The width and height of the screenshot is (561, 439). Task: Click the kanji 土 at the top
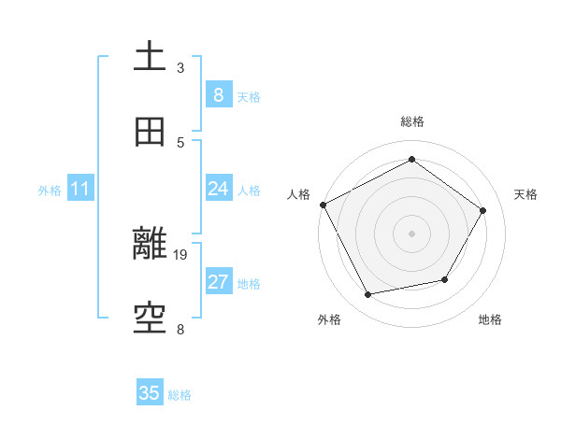(x=150, y=56)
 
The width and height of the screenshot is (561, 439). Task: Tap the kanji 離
(x=150, y=245)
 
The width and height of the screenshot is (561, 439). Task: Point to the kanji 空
(x=150, y=319)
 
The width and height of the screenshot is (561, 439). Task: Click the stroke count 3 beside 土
(x=180, y=68)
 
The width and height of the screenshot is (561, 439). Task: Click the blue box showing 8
(x=218, y=94)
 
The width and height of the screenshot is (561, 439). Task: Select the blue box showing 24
(x=218, y=189)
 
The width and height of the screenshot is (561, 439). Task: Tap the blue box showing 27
(x=218, y=282)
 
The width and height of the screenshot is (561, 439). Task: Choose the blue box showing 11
(x=79, y=189)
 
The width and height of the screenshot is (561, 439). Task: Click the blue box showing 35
(x=150, y=393)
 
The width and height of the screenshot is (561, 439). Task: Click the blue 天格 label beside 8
(x=249, y=96)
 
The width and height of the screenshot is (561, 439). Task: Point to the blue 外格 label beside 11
(x=50, y=191)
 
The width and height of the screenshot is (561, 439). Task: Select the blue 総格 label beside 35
(x=180, y=395)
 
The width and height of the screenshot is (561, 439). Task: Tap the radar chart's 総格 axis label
(x=412, y=121)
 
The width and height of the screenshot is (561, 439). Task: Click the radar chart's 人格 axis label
(x=299, y=194)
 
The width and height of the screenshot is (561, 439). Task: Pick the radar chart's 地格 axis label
(x=490, y=319)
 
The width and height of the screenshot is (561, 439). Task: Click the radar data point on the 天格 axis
(x=482, y=210)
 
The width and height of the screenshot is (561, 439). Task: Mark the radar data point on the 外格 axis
(x=368, y=295)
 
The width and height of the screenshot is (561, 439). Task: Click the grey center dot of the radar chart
(x=411, y=233)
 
